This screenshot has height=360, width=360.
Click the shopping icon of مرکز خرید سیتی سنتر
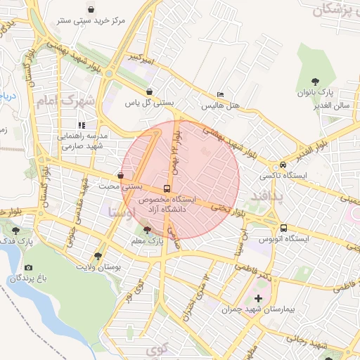click(x=92, y=9)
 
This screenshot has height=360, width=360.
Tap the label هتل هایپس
click(x=221, y=106)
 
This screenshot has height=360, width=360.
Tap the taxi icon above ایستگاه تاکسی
click(x=283, y=163)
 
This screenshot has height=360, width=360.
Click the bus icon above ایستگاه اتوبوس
click(x=283, y=228)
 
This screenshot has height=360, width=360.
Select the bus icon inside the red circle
click(x=167, y=188)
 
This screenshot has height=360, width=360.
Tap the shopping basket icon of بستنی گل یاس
click(x=149, y=91)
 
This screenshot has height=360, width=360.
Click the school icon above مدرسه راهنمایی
click(x=82, y=124)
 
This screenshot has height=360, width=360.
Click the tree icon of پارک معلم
click(x=146, y=229)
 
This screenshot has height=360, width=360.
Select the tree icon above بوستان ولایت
click(x=97, y=256)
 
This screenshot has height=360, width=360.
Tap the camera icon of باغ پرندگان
click(x=28, y=267)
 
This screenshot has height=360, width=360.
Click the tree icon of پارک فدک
click(x=17, y=230)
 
